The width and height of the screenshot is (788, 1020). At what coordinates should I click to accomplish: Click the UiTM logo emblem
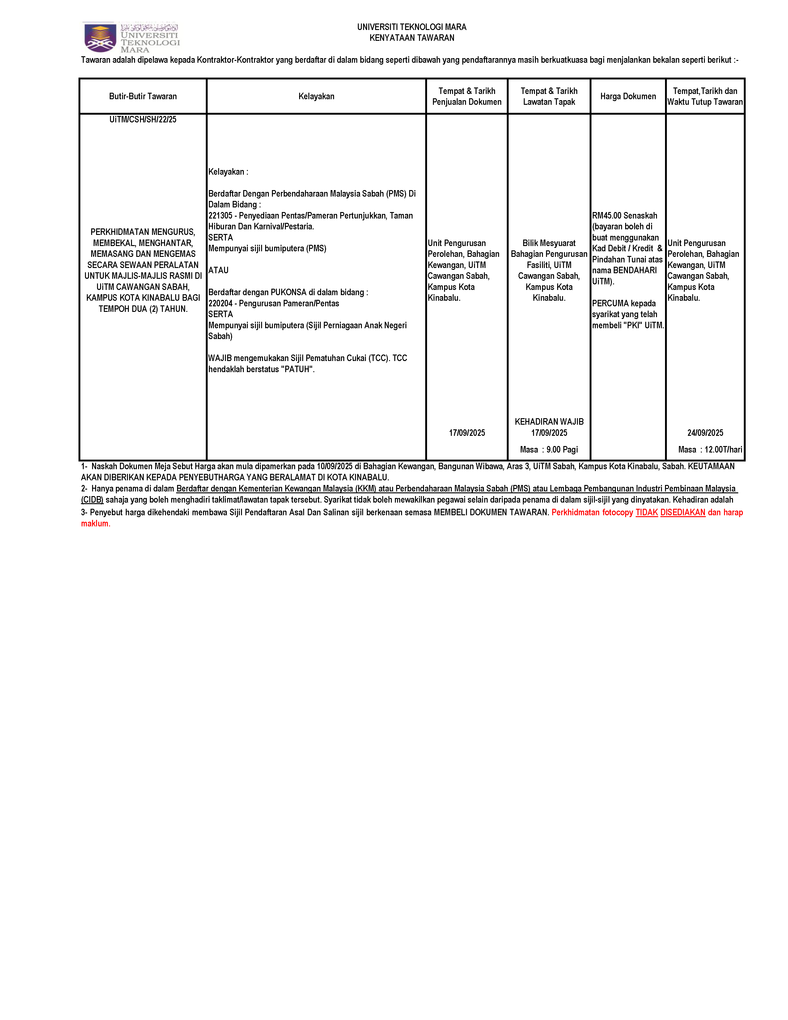(x=100, y=37)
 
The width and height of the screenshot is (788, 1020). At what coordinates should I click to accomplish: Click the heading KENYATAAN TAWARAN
(x=412, y=38)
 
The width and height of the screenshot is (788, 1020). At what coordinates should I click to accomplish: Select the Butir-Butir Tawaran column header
(x=143, y=96)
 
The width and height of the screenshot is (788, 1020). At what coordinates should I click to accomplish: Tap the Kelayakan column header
(x=316, y=96)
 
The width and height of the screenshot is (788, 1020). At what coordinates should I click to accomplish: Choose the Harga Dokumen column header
(x=628, y=96)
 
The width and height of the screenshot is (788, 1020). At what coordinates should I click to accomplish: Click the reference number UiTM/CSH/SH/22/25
(x=143, y=120)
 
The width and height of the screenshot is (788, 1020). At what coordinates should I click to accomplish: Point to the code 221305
(x=220, y=216)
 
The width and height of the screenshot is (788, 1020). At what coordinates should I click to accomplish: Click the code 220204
(x=220, y=304)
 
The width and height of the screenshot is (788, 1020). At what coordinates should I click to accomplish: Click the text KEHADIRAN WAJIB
(x=549, y=422)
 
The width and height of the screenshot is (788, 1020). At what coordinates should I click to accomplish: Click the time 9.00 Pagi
(x=562, y=450)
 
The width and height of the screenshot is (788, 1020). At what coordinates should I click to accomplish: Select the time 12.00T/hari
(x=723, y=450)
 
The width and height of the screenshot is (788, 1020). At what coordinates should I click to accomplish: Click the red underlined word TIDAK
(x=646, y=512)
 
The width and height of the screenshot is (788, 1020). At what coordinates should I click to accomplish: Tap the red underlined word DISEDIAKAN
(x=683, y=512)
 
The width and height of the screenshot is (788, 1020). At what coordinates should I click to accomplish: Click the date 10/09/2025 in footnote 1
(x=334, y=466)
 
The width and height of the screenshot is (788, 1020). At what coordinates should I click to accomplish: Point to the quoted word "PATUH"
(x=297, y=369)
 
